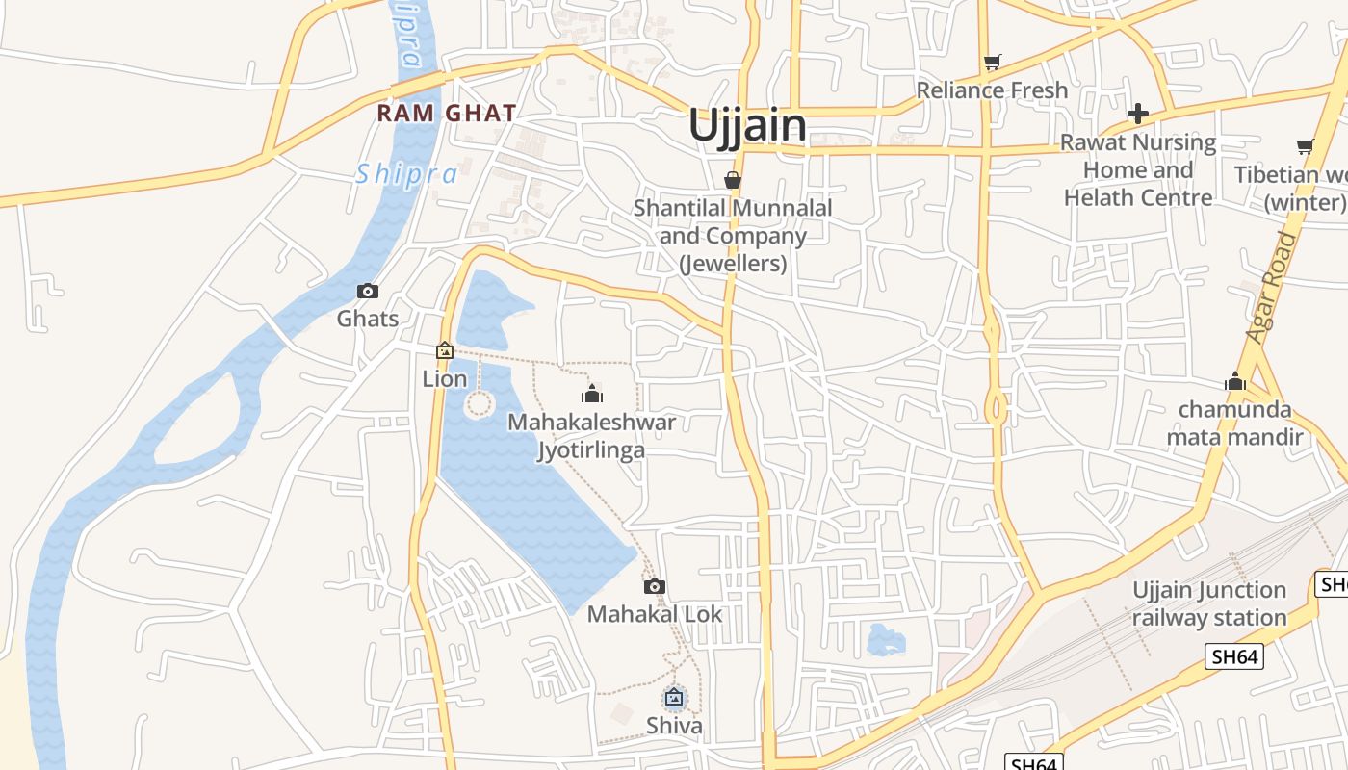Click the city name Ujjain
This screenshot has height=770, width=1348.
click(747, 126)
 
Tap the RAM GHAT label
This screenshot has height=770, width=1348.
click(447, 113)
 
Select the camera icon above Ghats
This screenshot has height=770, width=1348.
click(368, 291)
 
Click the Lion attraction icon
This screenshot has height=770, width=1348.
click(445, 351)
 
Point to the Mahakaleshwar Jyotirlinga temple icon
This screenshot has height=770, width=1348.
click(592, 393)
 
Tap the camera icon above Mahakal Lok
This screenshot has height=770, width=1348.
click(655, 586)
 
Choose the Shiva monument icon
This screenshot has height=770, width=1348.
click(674, 697)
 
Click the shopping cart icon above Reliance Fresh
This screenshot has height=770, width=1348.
click(993, 63)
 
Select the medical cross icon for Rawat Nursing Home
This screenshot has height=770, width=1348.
click(1138, 114)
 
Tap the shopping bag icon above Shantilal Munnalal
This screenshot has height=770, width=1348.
click(733, 180)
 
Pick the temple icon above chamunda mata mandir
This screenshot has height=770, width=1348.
click(1235, 382)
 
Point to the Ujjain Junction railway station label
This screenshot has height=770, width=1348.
click(1209, 603)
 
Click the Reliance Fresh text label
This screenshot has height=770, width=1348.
click(992, 90)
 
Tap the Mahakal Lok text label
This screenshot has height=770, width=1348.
click(655, 614)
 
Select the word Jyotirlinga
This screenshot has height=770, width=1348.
click(590, 449)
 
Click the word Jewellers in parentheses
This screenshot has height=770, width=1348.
click(734, 263)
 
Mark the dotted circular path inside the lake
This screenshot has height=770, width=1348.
click(479, 403)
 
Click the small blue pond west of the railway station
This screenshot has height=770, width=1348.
click(886, 640)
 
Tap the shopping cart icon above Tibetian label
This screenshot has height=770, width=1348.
click(1305, 147)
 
